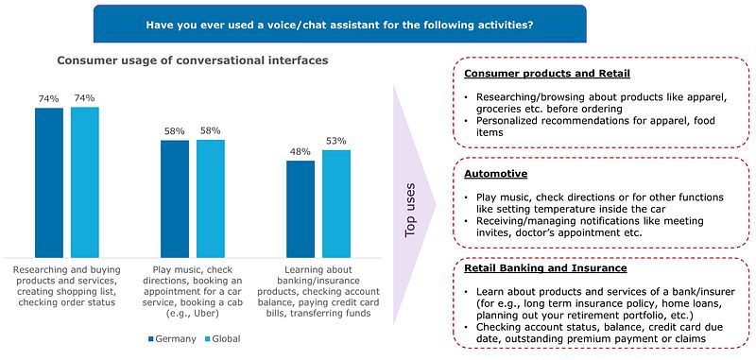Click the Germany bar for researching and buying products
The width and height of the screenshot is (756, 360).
(x=49, y=181)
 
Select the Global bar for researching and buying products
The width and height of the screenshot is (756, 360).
(x=84, y=181)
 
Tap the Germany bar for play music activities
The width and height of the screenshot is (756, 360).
(x=175, y=197)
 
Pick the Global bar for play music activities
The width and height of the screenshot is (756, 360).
(x=210, y=197)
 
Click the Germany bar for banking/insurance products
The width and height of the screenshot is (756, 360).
(x=301, y=208)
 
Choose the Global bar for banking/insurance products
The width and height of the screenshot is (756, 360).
(x=335, y=202)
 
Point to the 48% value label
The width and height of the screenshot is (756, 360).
(x=301, y=151)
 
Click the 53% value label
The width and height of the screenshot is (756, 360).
(x=335, y=141)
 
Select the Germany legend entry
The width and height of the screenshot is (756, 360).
(x=171, y=337)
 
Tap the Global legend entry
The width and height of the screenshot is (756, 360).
(x=226, y=337)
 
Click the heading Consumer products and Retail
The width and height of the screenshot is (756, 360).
(x=535, y=74)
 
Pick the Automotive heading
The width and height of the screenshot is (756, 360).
(x=496, y=174)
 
